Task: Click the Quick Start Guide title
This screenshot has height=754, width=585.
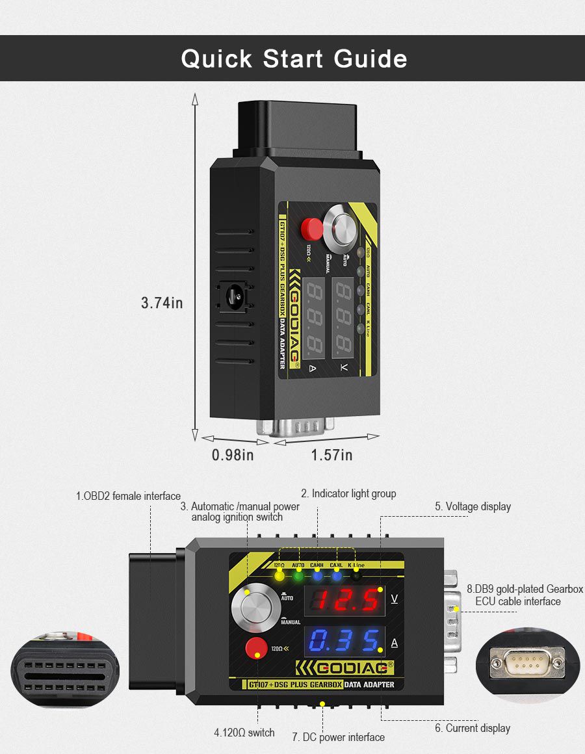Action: click(x=294, y=58)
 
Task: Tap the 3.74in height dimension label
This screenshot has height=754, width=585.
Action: click(x=162, y=303)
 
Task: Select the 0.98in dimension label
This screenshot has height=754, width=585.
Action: click(x=233, y=455)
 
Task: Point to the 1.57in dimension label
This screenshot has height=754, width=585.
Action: click(x=331, y=455)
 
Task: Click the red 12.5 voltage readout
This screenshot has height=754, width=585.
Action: click(x=344, y=601)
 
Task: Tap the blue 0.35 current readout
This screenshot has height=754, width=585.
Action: click(x=344, y=642)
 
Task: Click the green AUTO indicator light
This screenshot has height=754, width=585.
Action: click(x=298, y=576)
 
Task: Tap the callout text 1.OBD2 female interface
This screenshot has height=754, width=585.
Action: click(x=128, y=497)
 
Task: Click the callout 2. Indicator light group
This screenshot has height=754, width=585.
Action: click(x=348, y=494)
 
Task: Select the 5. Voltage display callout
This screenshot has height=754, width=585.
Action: click(x=473, y=506)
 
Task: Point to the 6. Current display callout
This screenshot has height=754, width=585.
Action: click(x=473, y=728)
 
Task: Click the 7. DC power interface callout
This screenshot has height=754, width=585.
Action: click(x=338, y=737)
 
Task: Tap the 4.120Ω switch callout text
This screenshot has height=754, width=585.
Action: click(x=244, y=733)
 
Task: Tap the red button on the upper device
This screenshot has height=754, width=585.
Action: click(x=312, y=227)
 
